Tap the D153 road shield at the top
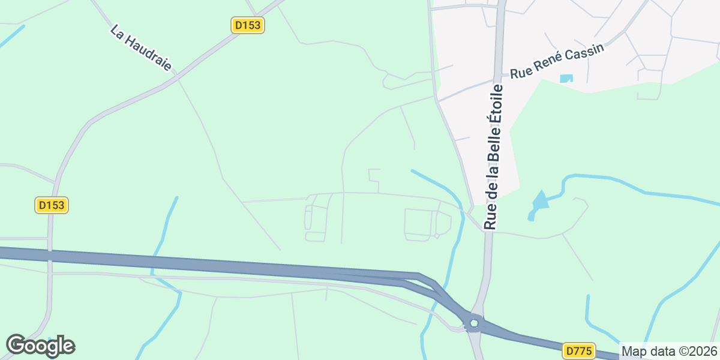pos(248,25)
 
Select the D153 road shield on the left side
pos(52,205)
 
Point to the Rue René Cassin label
pos(556,62)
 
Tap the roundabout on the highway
pos(474,323)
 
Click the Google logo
pos(40,346)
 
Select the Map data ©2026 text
pos(669,351)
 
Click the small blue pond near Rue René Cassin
pos(566,78)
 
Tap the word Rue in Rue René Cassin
pos(520,73)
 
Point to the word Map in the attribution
pos(632,351)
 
